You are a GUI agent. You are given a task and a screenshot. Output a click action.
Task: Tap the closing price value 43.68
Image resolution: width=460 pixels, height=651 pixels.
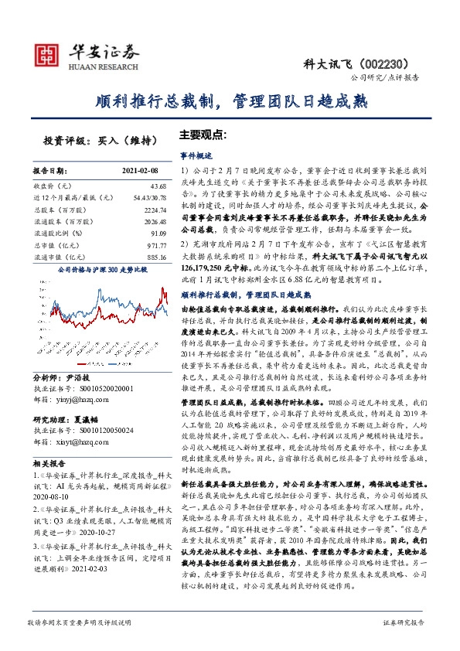tap(158, 187)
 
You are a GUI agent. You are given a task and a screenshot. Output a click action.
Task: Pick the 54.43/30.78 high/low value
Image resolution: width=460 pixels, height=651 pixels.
tap(152, 198)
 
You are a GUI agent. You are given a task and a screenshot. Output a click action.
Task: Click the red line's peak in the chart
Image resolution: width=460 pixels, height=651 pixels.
tap(162, 288)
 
